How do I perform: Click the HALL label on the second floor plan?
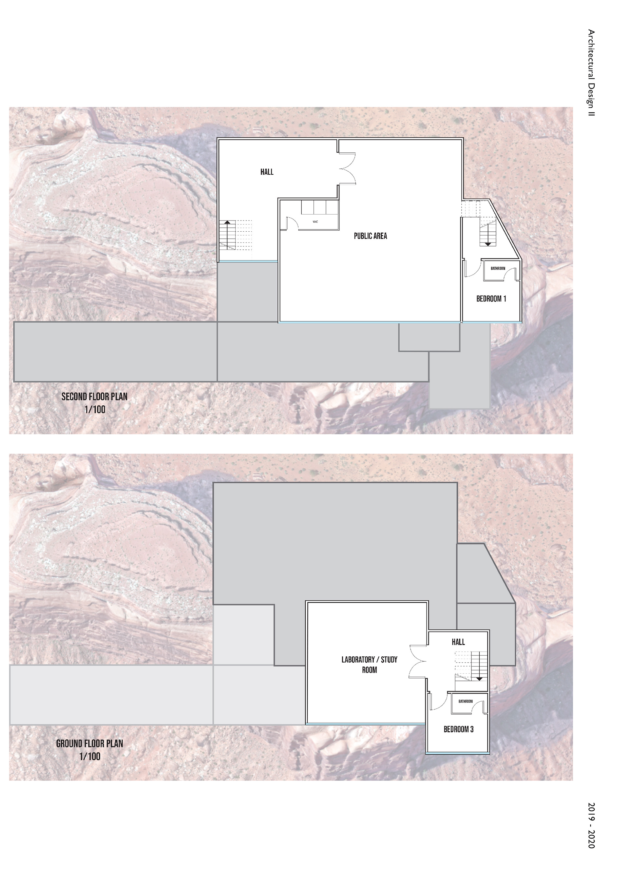267,172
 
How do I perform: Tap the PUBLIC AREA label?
370,236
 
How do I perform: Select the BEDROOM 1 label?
491,299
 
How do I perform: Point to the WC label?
315,222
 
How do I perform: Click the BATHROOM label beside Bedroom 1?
498,268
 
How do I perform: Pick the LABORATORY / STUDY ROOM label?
369,665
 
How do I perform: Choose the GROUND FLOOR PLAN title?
89,744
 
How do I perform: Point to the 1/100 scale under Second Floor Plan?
95,409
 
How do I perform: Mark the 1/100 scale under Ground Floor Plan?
89,756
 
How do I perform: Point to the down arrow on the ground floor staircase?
479,666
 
